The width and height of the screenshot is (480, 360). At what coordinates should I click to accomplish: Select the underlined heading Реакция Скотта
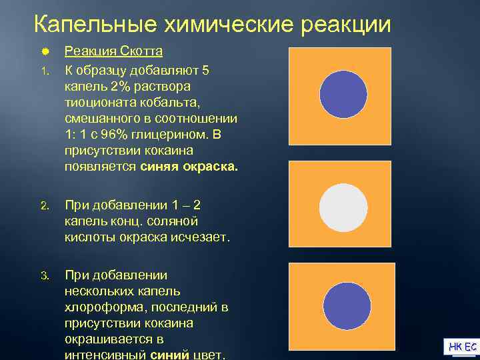pos(113,51)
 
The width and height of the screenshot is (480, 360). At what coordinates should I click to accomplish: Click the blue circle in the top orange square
pos(343,93)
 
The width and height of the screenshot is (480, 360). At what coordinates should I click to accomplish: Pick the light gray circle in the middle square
pos(343,207)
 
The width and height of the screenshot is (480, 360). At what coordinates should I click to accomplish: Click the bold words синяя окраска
pos(189,167)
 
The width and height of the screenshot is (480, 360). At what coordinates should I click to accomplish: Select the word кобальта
pos(169,103)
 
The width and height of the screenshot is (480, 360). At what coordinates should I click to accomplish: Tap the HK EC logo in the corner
pos(461,347)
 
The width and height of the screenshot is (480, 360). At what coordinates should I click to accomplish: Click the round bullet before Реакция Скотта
pos(44,51)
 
